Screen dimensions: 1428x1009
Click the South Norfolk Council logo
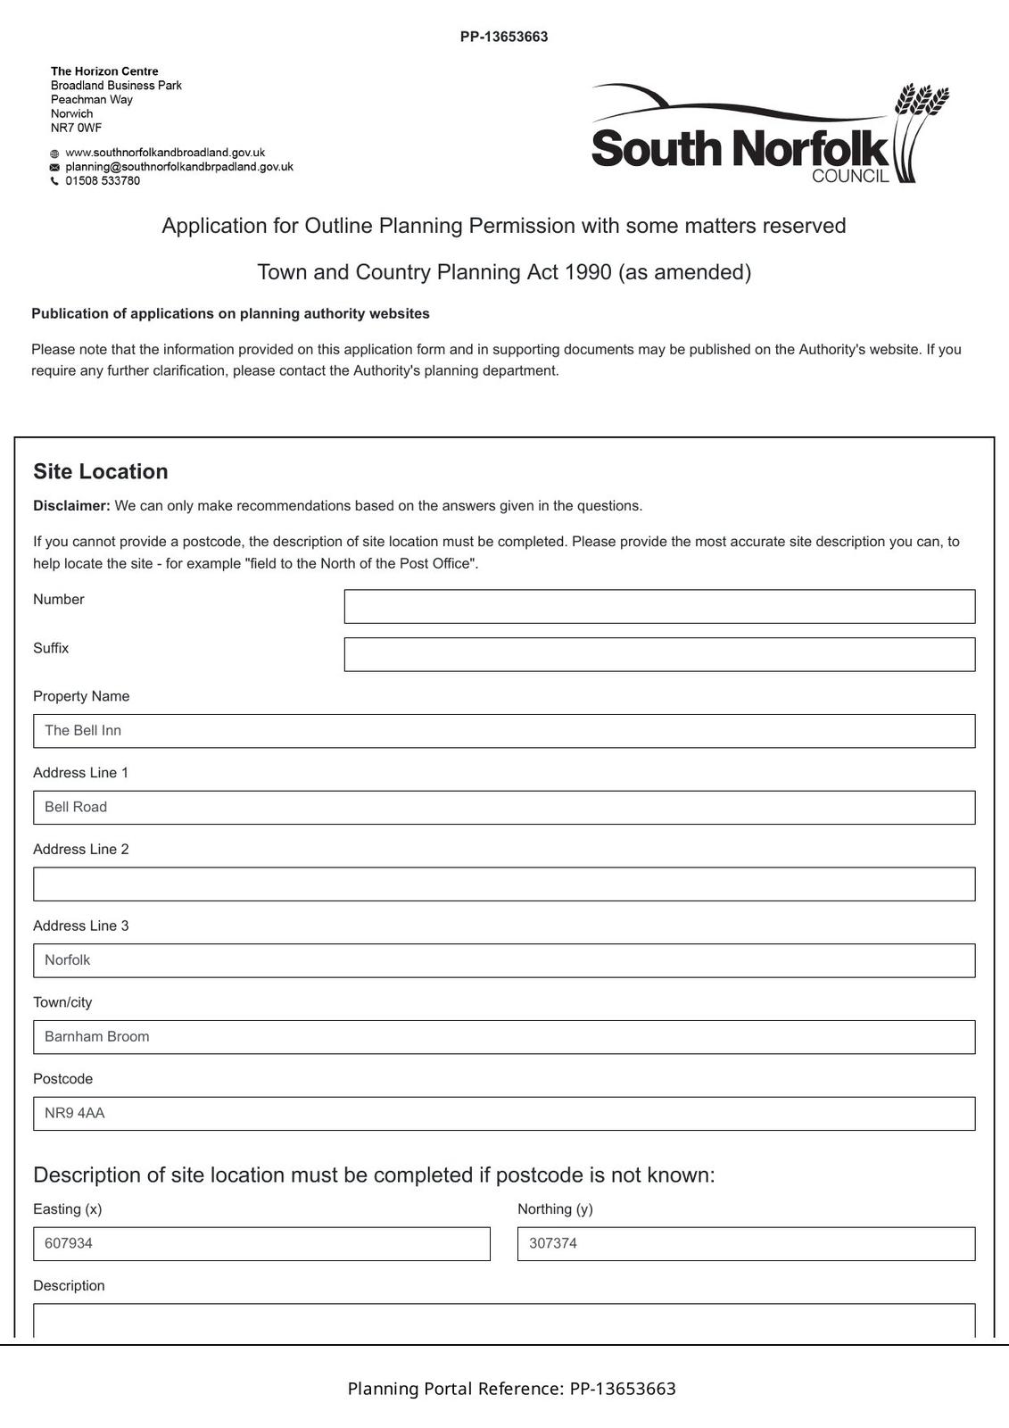pyautogui.click(x=770, y=134)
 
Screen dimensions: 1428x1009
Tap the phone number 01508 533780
pyautogui.click(x=103, y=181)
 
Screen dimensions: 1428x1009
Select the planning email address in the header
pyautogui.click(x=178, y=167)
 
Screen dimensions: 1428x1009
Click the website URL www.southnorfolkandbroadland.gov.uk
pyautogui.click(x=165, y=153)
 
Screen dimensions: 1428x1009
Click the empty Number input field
pyautogui.click(x=659, y=606)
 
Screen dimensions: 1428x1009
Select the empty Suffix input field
pyautogui.click(x=659, y=654)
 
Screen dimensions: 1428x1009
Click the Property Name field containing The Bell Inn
pyautogui.click(x=504, y=731)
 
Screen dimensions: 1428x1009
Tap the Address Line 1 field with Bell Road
pyautogui.click(x=504, y=808)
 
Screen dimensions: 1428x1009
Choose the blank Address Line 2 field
pyautogui.click(x=504, y=884)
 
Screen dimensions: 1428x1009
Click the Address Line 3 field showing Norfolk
pyautogui.click(x=504, y=960)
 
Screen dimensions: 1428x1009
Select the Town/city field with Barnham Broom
pyautogui.click(x=504, y=1037)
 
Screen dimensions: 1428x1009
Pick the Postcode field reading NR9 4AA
pyautogui.click(x=504, y=1114)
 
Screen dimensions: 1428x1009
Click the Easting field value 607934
pyautogui.click(x=261, y=1244)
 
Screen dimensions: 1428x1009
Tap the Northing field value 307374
pyautogui.click(x=746, y=1244)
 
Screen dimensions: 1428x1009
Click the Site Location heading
pyautogui.click(x=101, y=472)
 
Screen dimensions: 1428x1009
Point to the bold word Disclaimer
pyautogui.click(x=71, y=506)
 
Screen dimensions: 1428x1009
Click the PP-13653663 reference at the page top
pyautogui.click(x=504, y=37)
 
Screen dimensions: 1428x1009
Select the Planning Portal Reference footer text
pyautogui.click(x=511, y=1389)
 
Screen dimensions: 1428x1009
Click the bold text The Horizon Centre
pyautogui.click(x=104, y=71)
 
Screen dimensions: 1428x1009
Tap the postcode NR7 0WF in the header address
pyautogui.click(x=76, y=128)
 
